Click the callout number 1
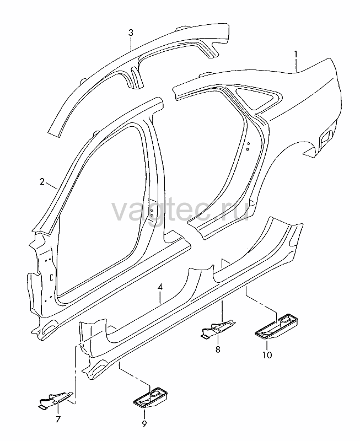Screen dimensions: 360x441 295,53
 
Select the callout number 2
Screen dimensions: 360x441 42,182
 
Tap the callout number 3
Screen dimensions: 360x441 131,33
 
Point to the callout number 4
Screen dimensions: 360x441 160,287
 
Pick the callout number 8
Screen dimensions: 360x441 218,349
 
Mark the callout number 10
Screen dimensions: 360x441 267,355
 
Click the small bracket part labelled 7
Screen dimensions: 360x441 56,400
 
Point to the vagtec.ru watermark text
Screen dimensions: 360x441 180,209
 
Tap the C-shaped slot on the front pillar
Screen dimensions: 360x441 51,277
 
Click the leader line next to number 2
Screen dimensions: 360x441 52,186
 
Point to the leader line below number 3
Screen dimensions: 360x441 131,44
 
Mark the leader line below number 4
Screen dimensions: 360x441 160,298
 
